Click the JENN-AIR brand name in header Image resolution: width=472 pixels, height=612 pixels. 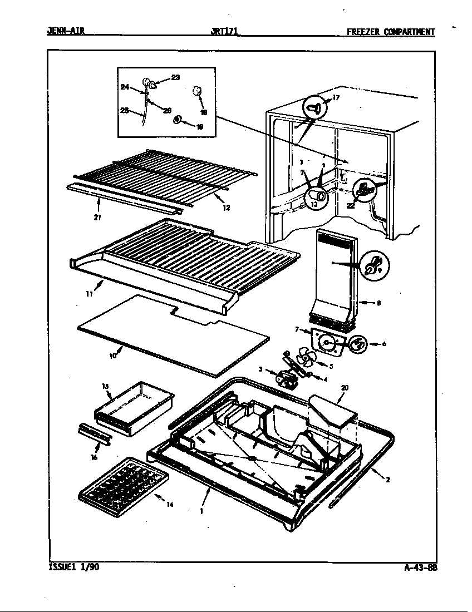tap(65, 32)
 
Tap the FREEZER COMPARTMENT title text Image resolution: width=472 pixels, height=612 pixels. tap(390, 32)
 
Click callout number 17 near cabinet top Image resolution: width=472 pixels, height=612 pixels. tap(336, 98)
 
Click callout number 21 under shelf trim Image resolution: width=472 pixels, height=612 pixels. tap(98, 218)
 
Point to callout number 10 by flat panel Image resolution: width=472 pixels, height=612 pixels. tap(114, 355)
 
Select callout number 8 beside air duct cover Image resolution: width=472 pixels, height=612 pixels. tap(378, 303)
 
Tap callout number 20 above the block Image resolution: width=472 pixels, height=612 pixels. tap(345, 387)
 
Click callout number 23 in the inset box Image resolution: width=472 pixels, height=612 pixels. tap(175, 78)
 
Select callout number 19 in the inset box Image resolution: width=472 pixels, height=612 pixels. tap(200, 126)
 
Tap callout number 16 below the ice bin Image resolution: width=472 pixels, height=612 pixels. tap(94, 457)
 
